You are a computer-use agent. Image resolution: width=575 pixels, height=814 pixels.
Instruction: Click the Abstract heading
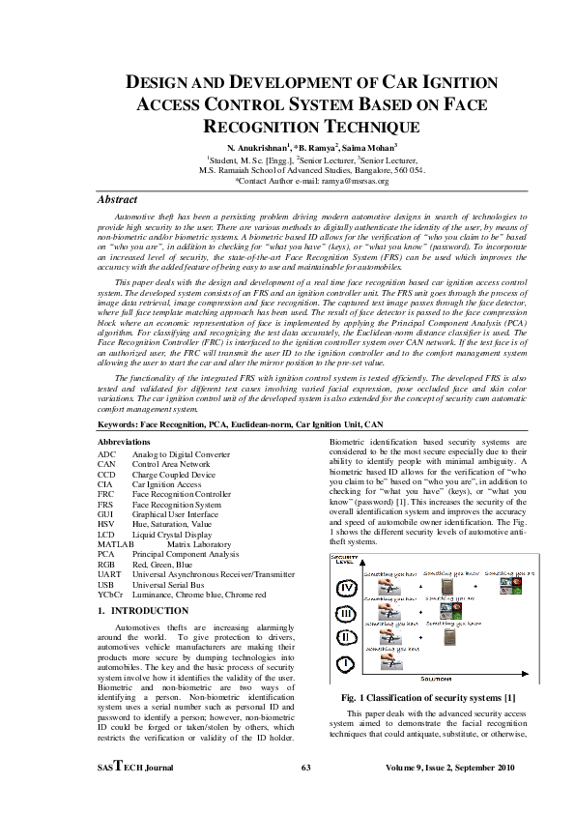coord(118,199)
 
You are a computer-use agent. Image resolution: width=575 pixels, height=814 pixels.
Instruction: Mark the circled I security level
coord(344,664)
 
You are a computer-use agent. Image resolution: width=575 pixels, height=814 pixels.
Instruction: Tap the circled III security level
coord(344,613)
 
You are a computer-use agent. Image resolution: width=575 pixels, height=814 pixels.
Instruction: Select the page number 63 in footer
coord(304,768)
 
